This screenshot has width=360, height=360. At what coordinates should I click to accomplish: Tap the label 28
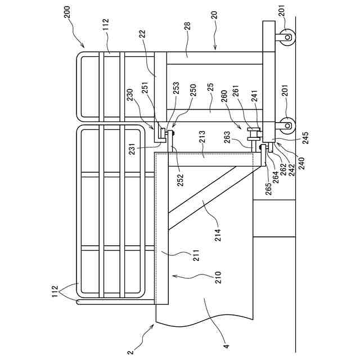(x=187, y=26)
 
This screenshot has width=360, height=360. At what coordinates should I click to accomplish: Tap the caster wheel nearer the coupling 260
(x=286, y=123)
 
